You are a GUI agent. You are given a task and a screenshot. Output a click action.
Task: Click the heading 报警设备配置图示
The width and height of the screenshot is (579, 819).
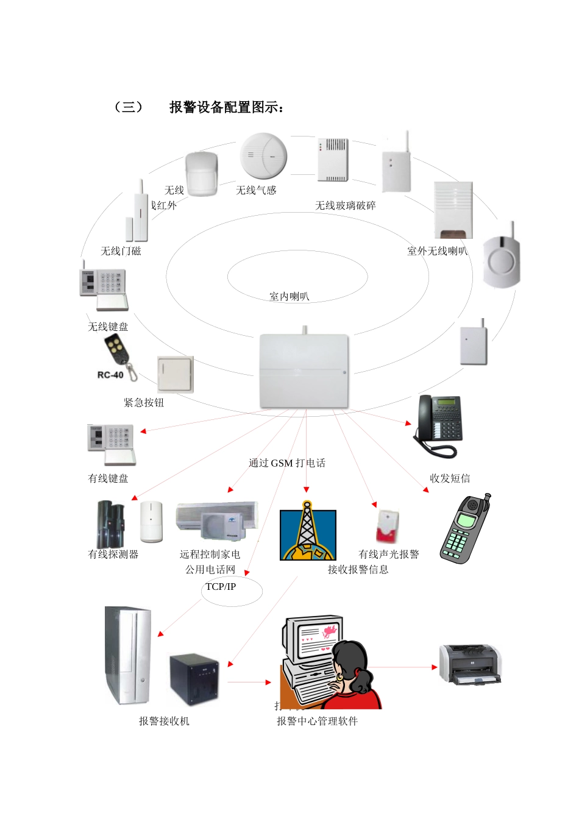pyautogui.click(x=226, y=108)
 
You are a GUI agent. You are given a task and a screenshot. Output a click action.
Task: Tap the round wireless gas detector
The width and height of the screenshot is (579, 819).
pyautogui.click(x=263, y=156)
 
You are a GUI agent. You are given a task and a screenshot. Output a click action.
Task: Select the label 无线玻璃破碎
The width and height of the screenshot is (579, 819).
pyautogui.click(x=345, y=206)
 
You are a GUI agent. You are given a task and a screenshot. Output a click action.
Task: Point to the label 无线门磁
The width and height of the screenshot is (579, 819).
pyautogui.click(x=121, y=251)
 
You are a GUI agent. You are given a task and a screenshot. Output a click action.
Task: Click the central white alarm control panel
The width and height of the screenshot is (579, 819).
pyautogui.click(x=304, y=370)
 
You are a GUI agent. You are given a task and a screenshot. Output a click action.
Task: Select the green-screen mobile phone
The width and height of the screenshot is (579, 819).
pyautogui.click(x=464, y=529)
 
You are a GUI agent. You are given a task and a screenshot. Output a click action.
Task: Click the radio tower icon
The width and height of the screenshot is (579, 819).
pyautogui.click(x=308, y=533)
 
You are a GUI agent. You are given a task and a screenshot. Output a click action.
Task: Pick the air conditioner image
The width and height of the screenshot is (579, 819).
pyautogui.click(x=216, y=521)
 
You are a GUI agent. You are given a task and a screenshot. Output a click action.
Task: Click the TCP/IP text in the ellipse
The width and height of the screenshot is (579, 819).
pyautogui.click(x=221, y=587)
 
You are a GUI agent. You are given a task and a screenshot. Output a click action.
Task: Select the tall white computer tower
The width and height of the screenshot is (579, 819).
pyautogui.click(x=127, y=654)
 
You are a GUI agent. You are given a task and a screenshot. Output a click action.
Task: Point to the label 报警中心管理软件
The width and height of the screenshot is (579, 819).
pyautogui.click(x=317, y=721)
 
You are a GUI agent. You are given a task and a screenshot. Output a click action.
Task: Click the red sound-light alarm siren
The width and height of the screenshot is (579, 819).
pyautogui.click(x=387, y=526)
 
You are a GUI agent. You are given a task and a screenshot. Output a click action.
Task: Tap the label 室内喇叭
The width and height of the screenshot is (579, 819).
pyautogui.click(x=289, y=297)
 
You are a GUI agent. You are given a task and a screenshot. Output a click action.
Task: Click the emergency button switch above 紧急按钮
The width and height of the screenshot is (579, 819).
pyautogui.click(x=175, y=374)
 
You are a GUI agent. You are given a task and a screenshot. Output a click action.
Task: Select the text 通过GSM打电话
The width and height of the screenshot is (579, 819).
pyautogui.click(x=287, y=463)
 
